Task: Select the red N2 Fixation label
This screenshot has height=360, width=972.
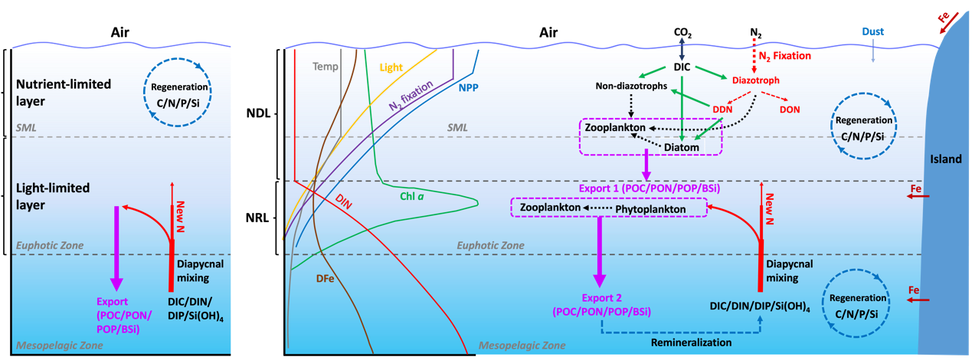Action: tap(784, 56)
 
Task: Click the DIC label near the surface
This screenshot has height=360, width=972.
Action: tap(682, 67)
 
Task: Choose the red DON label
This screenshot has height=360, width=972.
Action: tap(790, 110)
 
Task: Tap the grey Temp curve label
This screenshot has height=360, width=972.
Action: tap(325, 67)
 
